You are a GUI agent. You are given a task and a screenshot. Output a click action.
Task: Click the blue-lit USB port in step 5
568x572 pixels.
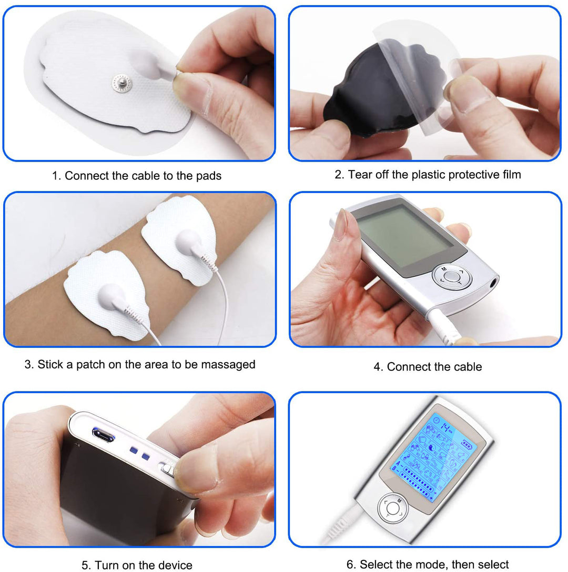coord(103,435)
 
